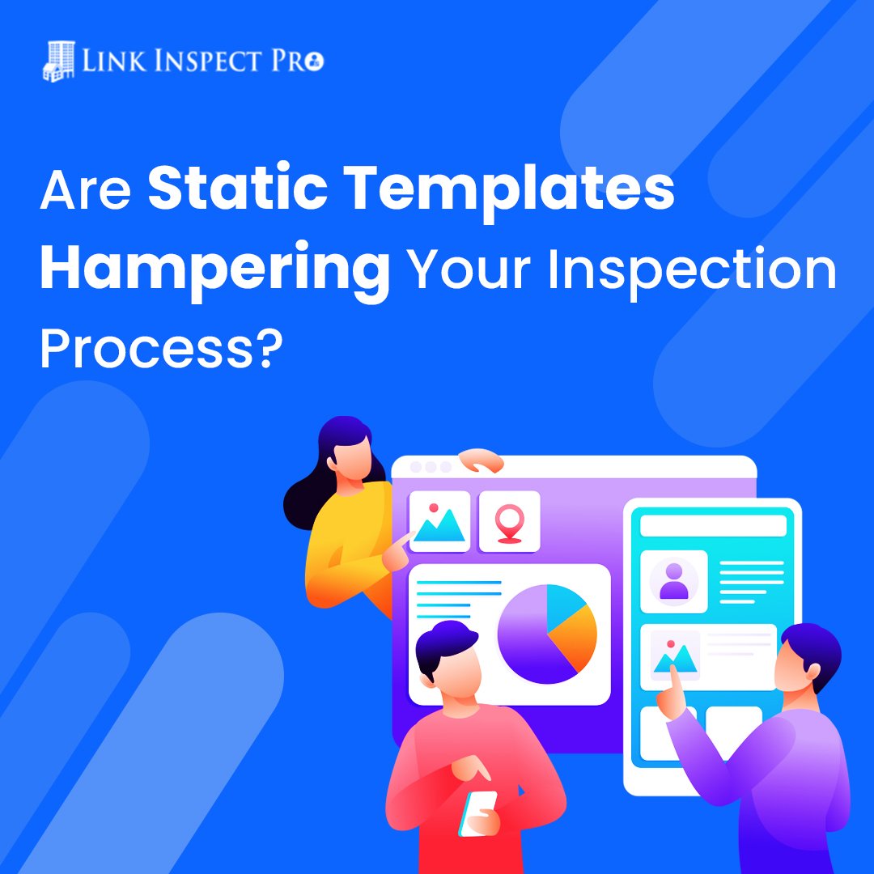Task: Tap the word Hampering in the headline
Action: click(214, 270)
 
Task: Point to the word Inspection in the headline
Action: click(692, 270)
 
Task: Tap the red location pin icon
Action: click(509, 522)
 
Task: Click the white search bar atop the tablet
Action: click(713, 526)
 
